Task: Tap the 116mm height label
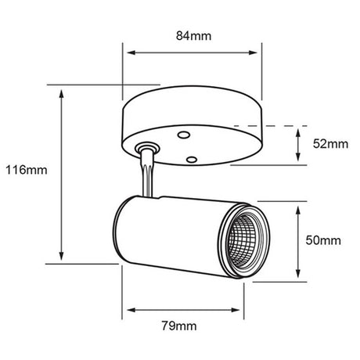pyautogui.click(x=25, y=169)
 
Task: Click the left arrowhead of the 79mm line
pyautogui.click(x=125, y=306)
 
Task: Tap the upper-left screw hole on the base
pyautogui.click(x=182, y=135)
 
